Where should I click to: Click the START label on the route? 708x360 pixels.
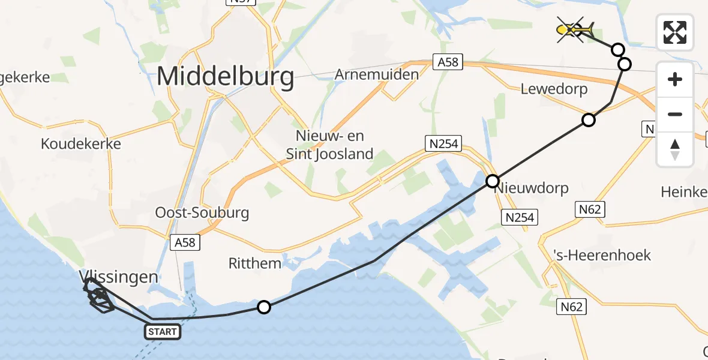[162, 332]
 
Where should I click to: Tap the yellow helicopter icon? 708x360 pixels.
[575, 29]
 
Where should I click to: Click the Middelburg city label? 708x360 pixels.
[226, 77]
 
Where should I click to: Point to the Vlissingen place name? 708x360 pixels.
[119, 277]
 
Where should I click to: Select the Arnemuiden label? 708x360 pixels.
[376, 75]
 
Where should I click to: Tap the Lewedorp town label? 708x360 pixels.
[554, 89]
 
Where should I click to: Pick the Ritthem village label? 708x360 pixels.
[255, 263]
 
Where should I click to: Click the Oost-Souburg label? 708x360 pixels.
[202, 212]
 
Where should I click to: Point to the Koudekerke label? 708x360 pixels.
[81, 144]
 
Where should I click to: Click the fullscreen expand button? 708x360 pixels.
[675, 32]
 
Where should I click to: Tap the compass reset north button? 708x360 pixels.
[675, 149]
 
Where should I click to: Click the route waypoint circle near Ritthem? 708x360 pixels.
[264, 307]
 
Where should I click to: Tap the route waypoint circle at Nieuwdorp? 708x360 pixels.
[493, 181]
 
